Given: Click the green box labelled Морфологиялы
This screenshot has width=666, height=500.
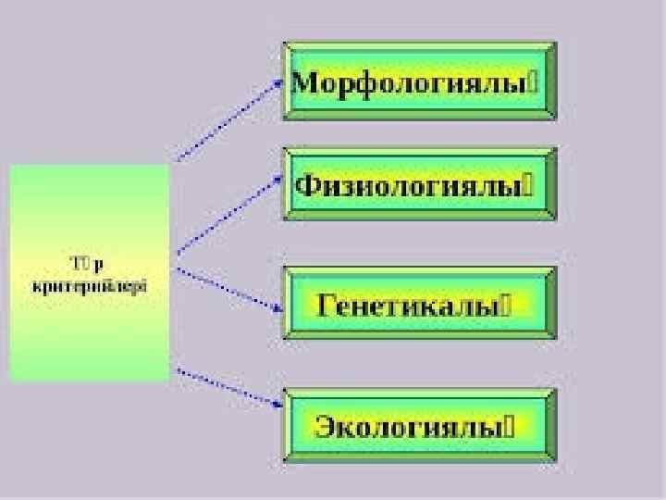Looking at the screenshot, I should point(419,81).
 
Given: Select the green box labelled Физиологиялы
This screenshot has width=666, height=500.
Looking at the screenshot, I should point(419,184).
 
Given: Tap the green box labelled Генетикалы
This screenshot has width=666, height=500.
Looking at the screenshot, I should point(419,305).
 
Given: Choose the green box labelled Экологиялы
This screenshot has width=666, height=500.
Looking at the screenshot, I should point(419,426).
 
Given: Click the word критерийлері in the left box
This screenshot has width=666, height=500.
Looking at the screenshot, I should point(90,286).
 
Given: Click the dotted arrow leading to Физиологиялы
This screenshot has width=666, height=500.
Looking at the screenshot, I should point(227,215).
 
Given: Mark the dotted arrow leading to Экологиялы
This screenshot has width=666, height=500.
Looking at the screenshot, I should point(227,386).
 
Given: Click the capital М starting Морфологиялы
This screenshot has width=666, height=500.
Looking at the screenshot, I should point(304,81).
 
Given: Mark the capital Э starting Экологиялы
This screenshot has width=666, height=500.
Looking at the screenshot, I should point(325,426).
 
